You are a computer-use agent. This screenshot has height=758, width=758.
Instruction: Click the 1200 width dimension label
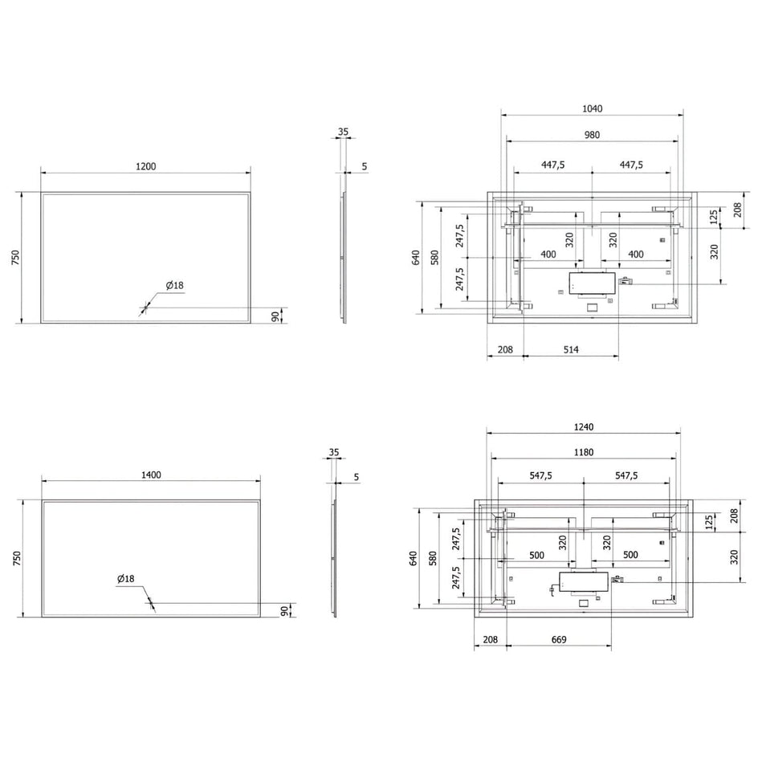click(x=145, y=166)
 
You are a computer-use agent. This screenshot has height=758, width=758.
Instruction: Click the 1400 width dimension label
click(x=151, y=475)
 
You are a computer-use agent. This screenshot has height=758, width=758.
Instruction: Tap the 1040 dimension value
click(x=593, y=108)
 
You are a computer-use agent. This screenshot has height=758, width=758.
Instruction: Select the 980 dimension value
click(x=592, y=135)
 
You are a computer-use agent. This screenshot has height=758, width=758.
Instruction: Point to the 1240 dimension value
click(x=584, y=427)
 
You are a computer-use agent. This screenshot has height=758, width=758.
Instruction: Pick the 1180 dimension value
click(x=584, y=452)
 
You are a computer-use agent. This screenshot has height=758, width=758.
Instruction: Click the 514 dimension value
click(x=571, y=349)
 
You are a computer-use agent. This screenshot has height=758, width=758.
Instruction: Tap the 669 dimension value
click(x=559, y=639)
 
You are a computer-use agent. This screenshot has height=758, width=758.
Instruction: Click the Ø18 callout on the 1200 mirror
click(x=174, y=285)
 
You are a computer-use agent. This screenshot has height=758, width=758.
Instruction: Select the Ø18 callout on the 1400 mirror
click(x=126, y=578)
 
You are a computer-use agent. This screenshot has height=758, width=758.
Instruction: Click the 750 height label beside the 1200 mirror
click(x=15, y=257)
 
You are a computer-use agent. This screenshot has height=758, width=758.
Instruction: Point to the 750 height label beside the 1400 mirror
click(x=17, y=558)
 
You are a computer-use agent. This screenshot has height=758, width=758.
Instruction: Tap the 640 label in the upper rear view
click(x=416, y=258)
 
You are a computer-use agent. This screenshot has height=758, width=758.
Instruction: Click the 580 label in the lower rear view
click(x=433, y=558)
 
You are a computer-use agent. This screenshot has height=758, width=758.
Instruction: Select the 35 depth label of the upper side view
click(x=343, y=132)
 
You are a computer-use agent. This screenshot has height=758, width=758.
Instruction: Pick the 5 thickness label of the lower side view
click(x=357, y=477)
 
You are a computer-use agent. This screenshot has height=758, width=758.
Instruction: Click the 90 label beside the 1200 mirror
click(x=275, y=316)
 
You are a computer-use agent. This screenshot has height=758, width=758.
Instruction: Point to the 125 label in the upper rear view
click(x=714, y=217)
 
